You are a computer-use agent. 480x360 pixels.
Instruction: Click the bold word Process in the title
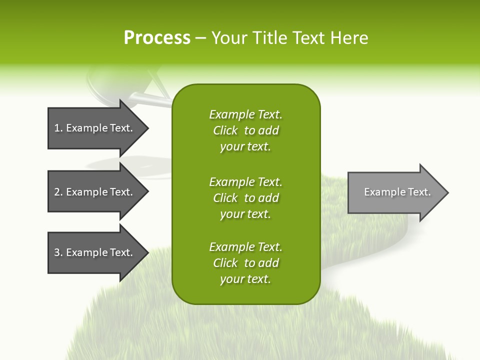pos(157,38)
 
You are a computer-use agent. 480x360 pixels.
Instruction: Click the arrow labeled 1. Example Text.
pos(95,128)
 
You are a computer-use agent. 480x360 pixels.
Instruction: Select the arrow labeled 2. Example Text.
pos(95,192)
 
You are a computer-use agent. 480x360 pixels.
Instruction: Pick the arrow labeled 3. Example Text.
pos(95,252)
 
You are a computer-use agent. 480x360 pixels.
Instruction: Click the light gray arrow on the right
pos(395,192)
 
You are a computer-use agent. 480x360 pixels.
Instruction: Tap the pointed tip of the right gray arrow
pos(447,192)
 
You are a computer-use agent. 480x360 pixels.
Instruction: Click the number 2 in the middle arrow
pos(57,192)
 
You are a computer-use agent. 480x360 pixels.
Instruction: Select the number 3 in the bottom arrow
pos(57,252)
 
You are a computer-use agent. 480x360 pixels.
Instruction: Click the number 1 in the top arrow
pos(56,128)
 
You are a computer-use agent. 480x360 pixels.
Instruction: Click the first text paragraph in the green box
pos(245,130)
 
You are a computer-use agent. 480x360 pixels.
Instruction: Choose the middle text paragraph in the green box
pos(245,198)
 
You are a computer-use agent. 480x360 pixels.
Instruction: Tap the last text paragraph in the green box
pos(245,263)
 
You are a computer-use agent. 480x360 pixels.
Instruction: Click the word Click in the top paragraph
pos(225,130)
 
